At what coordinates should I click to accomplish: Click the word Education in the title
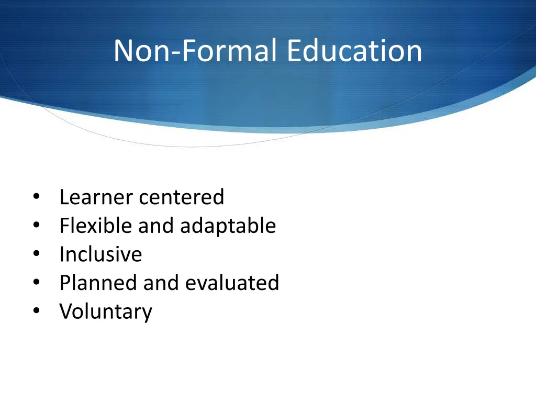pyautogui.click(x=354, y=51)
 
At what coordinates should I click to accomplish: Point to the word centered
pyautogui.click(x=182, y=197)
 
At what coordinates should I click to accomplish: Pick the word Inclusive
pyautogui.click(x=100, y=254)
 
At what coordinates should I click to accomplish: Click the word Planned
pyautogui.click(x=98, y=283)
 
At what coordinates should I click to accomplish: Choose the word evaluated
pyautogui.click(x=232, y=283)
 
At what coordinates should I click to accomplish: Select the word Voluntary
pyautogui.click(x=106, y=311)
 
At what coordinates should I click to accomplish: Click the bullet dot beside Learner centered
pyautogui.click(x=36, y=198)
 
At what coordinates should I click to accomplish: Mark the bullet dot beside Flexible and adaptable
pyautogui.click(x=36, y=226)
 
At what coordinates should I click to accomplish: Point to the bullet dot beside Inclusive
pyautogui.click(x=36, y=254)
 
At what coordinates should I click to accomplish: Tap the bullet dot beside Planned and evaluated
pyautogui.click(x=36, y=283)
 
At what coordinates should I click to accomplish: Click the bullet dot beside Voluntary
pyautogui.click(x=36, y=311)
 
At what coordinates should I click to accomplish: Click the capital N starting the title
pyautogui.click(x=124, y=51)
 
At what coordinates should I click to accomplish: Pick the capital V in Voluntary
pyautogui.click(x=65, y=311)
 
